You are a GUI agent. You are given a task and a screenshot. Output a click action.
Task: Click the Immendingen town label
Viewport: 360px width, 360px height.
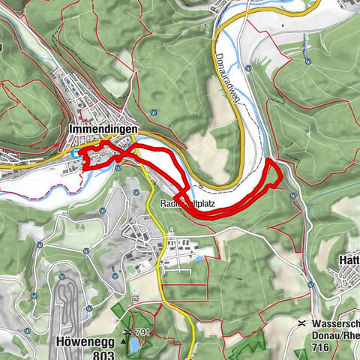click(x=102, y=129)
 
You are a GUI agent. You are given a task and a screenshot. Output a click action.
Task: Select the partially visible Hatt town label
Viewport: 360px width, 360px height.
click(x=349, y=259)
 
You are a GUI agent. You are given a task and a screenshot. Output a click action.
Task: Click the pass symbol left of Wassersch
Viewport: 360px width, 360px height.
click(x=301, y=323)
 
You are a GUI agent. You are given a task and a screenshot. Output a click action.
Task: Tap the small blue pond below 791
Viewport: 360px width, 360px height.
click(x=134, y=344)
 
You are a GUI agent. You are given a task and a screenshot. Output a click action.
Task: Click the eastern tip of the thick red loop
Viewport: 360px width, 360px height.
click(x=281, y=175)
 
